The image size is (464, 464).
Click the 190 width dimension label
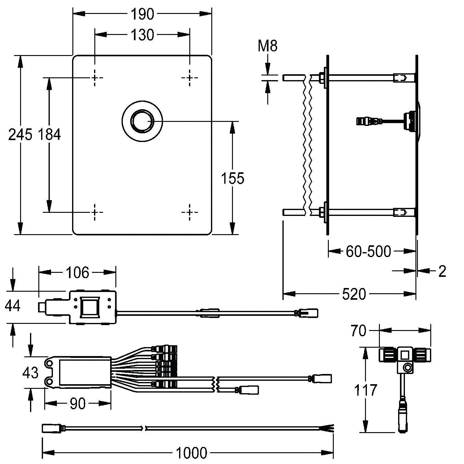(142, 14)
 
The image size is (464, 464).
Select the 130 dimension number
(142, 35)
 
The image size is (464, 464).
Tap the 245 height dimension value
(20, 135)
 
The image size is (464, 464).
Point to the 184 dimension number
(49, 135)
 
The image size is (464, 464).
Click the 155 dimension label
(233, 178)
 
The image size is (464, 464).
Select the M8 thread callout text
(268, 46)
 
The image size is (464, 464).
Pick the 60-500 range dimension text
(368, 251)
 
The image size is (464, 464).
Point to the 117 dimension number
(366, 390)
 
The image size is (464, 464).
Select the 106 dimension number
(77, 273)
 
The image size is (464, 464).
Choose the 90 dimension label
(77, 404)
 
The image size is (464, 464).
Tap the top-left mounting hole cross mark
(95, 77)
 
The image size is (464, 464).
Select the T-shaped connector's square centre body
(404, 355)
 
